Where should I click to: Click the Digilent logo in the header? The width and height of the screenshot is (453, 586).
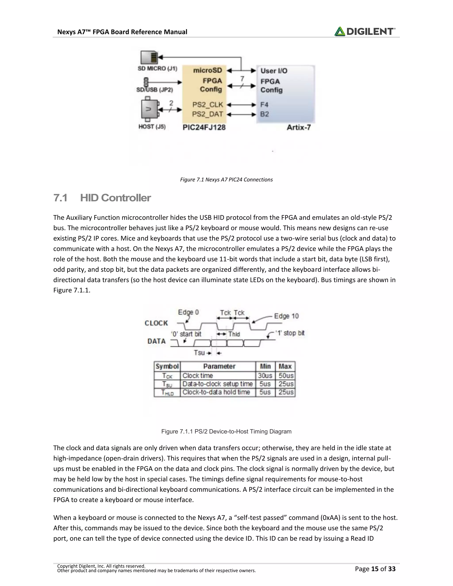365,31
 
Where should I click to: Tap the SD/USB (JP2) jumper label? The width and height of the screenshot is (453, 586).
155,90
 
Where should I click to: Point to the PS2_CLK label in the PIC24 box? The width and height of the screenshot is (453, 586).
207,104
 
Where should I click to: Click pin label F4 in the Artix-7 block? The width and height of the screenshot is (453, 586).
264,104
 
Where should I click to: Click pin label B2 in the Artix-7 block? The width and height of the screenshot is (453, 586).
264,114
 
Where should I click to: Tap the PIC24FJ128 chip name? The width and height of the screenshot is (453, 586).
204,127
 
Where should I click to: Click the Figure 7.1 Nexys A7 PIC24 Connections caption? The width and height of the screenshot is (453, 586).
226,180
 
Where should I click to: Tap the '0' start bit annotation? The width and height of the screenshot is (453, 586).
186,334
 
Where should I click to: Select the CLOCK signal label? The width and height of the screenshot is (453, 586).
156,323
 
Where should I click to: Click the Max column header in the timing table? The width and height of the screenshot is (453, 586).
285,366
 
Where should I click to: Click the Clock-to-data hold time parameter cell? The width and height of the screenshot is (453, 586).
216,392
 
